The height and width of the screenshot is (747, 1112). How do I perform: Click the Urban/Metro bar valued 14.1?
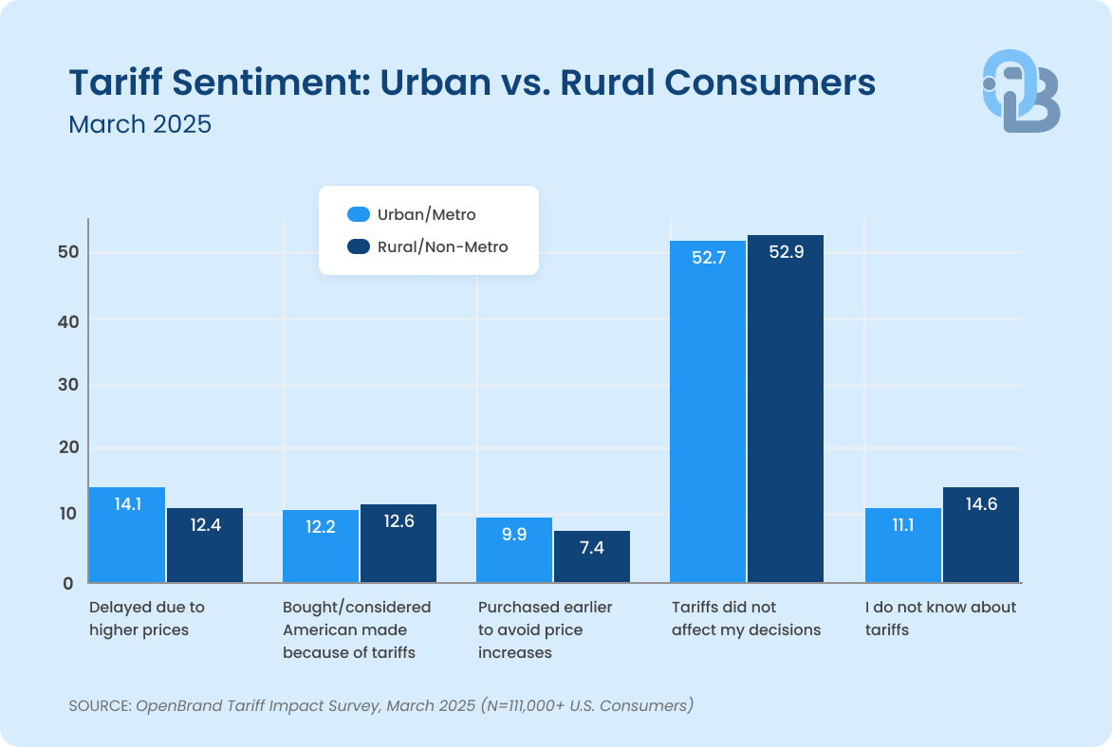point(126,535)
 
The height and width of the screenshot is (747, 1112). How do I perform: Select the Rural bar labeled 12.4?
point(205,545)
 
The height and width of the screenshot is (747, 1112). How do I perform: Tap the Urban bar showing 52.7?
point(708,411)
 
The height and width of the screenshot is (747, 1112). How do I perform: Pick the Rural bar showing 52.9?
point(786,409)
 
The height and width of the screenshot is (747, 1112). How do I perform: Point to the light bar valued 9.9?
point(514,550)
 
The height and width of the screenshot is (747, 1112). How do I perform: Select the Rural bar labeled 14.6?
point(981,535)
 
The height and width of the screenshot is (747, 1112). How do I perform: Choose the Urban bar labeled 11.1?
point(903,545)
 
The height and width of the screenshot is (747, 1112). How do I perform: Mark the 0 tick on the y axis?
point(67,584)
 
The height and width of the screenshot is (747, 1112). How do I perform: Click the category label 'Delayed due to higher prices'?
point(146,618)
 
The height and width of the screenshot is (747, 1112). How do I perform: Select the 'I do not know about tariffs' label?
point(940,618)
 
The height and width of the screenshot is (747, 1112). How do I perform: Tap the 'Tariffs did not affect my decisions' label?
point(746,618)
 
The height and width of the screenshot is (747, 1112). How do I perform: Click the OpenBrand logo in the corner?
point(1021,91)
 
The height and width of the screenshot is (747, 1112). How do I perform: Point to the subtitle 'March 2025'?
point(139,124)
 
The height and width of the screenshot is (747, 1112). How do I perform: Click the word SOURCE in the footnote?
point(98,705)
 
